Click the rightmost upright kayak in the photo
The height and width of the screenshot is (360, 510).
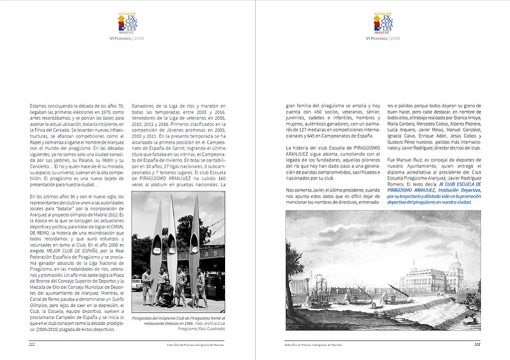[194, 243]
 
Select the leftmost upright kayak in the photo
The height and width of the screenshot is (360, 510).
[156, 246]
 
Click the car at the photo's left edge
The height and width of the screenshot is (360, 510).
[135, 285]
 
